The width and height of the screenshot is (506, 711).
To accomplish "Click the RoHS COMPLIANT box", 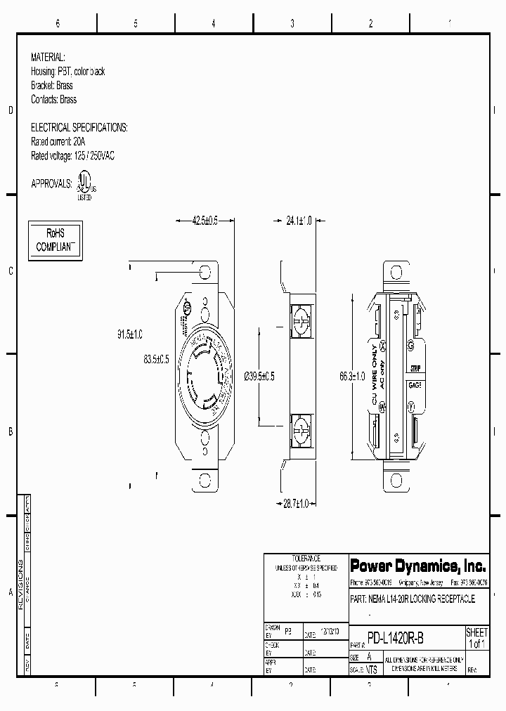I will pyautogui.click(x=56, y=240).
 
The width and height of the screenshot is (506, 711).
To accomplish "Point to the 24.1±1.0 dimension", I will pyautogui.click(x=299, y=220).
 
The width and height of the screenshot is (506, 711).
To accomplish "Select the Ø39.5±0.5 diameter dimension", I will pyautogui.click(x=259, y=377).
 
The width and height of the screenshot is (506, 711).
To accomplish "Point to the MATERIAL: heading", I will pyautogui.click(x=48, y=57).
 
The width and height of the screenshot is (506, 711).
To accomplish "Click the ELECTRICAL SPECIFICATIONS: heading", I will pyautogui.click(x=79, y=127).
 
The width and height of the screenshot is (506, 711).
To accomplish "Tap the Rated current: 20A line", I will pyautogui.click(x=58, y=141).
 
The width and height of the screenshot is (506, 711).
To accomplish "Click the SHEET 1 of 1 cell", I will pyautogui.click(x=477, y=638).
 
